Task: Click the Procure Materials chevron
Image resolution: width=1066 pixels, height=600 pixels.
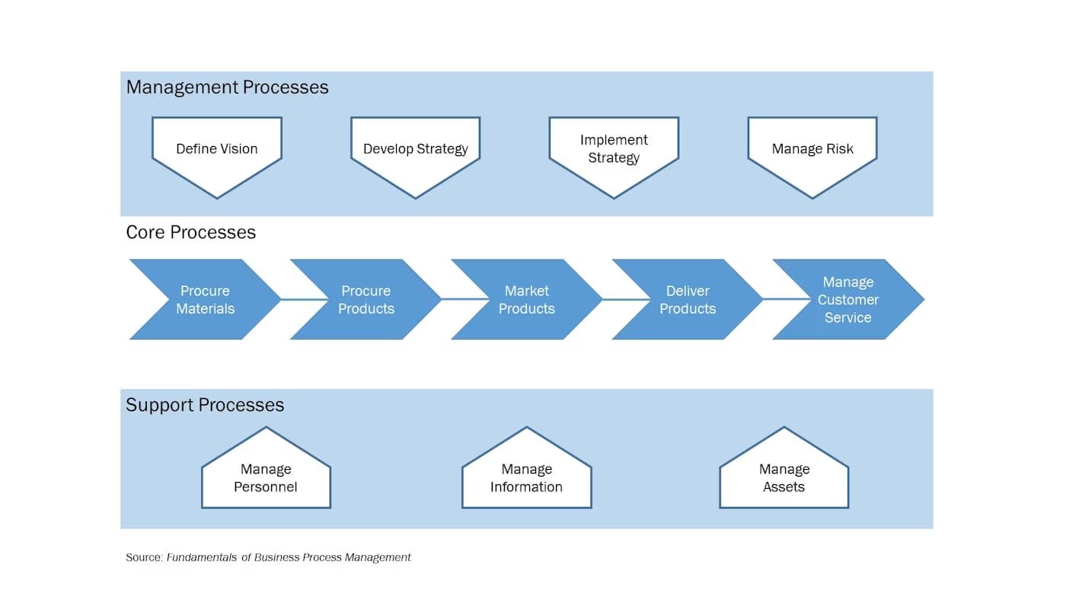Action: click(205, 300)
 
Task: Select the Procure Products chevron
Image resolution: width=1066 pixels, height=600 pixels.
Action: click(365, 300)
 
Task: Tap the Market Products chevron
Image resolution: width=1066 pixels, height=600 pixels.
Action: click(526, 300)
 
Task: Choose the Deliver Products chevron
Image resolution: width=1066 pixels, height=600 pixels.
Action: click(687, 300)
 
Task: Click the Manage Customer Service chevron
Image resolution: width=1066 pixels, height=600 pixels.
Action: click(847, 300)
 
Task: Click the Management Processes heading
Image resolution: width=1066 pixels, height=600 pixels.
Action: click(227, 88)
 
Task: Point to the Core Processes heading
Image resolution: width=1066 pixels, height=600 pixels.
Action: click(190, 232)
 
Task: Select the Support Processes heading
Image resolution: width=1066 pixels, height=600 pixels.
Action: click(205, 405)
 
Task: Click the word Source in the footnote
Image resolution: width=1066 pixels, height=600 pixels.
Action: click(144, 557)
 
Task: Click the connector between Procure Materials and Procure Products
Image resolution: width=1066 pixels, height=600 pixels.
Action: click(286, 299)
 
